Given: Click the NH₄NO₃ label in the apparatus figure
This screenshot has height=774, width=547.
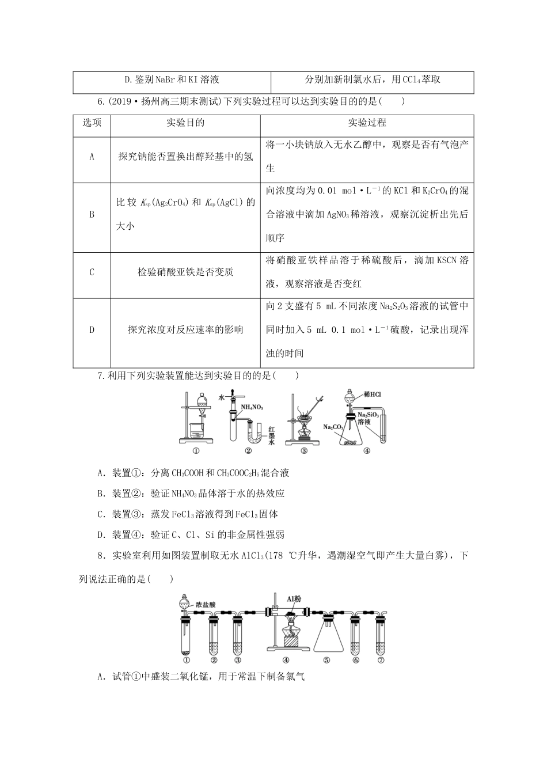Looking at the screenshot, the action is (x=252, y=407).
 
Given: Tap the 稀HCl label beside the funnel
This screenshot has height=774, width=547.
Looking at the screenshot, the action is (x=372, y=394).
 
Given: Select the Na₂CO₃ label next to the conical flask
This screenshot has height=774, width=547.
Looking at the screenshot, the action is (x=333, y=427).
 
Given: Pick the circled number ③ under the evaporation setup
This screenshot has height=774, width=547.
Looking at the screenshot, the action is (x=304, y=451).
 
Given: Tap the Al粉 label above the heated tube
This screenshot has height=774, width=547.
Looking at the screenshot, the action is (x=293, y=599).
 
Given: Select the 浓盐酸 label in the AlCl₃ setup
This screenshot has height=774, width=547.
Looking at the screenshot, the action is (x=206, y=605).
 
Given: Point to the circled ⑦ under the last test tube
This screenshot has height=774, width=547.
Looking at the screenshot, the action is (x=381, y=660).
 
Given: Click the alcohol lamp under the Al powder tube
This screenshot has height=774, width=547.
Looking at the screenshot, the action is (x=291, y=637).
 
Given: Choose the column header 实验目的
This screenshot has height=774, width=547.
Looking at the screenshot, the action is (x=185, y=123).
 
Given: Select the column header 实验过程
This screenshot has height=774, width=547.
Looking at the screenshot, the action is (x=367, y=123).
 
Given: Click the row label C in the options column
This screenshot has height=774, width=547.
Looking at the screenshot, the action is (x=92, y=272).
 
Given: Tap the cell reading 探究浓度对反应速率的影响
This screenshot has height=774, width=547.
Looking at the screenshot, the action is (x=185, y=330).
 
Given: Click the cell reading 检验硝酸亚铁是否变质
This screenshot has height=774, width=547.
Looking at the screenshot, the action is (x=185, y=272).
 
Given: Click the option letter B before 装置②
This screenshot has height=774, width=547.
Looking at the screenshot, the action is (x=101, y=494).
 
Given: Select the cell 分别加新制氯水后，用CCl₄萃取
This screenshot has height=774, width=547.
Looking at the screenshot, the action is (x=373, y=79).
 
